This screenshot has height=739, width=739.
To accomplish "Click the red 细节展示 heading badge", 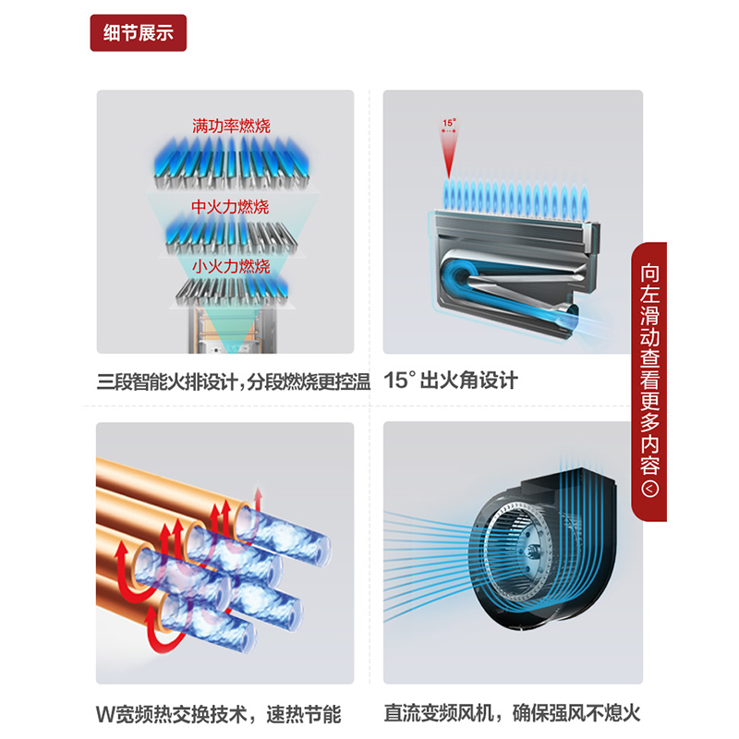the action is [138, 33].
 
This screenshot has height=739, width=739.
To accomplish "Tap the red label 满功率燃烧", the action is [231, 126].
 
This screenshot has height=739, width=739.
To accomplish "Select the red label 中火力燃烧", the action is [230, 206].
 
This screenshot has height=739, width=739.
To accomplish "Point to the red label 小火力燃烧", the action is [231, 266].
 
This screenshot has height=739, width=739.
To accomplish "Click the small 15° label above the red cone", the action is [449, 123].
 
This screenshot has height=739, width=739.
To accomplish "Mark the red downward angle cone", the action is [449, 151].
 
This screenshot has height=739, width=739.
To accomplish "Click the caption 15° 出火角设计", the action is [451, 381].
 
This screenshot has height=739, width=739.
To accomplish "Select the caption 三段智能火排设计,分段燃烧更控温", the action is [234, 382].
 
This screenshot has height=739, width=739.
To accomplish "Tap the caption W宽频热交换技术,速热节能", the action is [218, 714].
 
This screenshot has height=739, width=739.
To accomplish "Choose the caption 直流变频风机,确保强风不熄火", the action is [513, 712].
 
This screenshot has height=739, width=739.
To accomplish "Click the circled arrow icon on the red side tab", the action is [649, 489].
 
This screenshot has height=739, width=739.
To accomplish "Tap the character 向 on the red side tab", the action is [649, 273].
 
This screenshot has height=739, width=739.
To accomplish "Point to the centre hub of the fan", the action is [535, 550].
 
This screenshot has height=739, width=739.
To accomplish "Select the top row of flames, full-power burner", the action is [231, 163].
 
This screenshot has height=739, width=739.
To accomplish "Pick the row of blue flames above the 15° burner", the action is [515, 199].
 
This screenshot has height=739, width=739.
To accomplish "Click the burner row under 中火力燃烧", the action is [231, 236].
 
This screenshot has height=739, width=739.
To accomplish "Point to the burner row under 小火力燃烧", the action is [231, 291].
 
